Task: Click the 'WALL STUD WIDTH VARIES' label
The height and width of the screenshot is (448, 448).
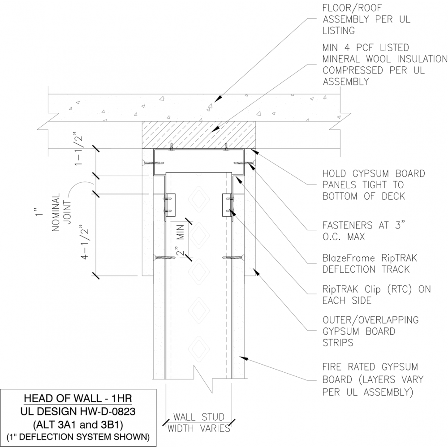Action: pyautogui.click(x=199, y=422)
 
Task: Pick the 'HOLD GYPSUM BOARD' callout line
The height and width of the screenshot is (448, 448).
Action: pyautogui.click(x=373, y=173)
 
